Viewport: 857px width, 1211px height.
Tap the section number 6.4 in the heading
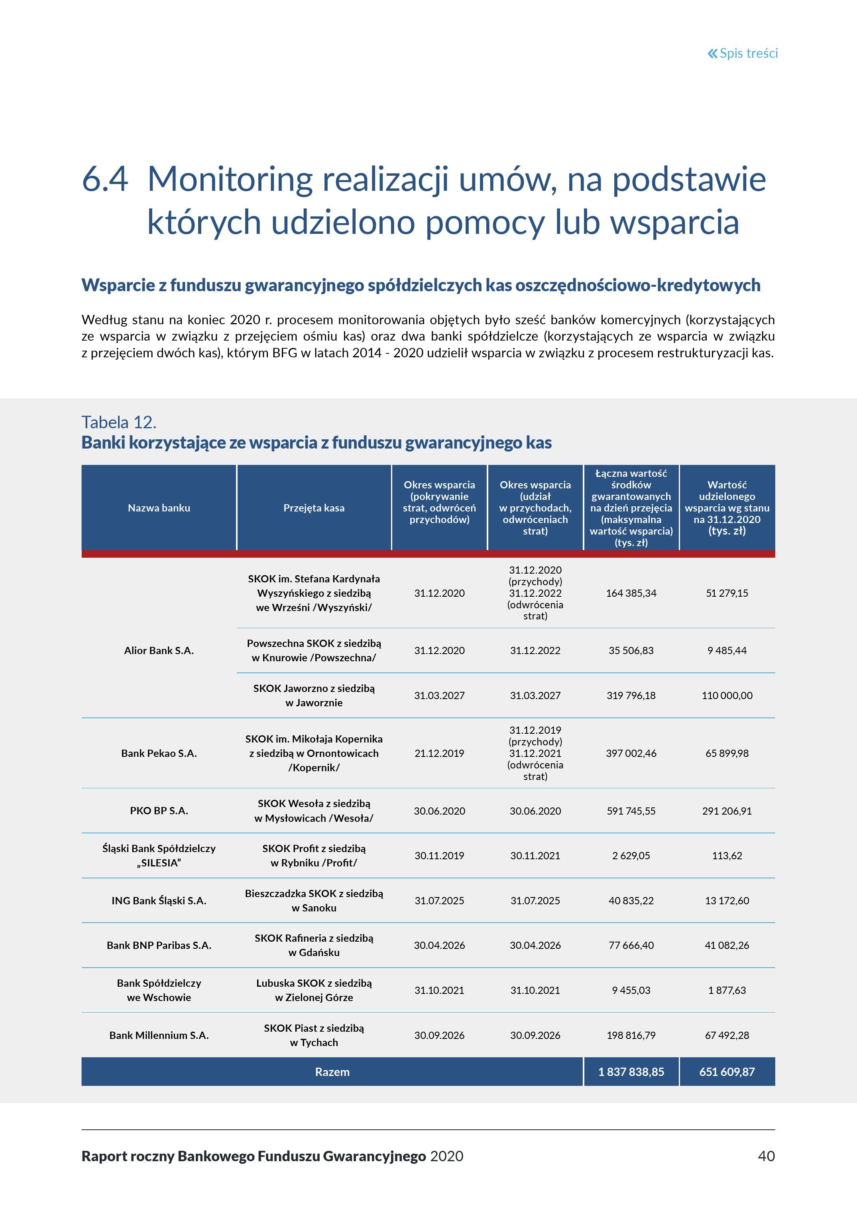105,179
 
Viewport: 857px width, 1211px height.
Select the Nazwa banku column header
159,508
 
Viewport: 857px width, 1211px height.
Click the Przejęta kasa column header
314,508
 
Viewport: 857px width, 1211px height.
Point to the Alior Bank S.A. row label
159,651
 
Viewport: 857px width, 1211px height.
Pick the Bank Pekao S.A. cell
159,753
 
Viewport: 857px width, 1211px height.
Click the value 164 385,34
631,593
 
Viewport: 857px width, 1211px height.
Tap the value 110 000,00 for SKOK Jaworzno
727,695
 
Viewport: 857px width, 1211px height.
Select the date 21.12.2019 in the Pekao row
439,753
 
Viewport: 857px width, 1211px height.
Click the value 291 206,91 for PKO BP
727,811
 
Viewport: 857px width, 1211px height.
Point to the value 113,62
727,856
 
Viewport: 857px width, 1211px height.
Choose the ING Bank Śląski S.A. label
159,900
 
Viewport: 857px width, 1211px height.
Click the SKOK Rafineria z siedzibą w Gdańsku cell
314,945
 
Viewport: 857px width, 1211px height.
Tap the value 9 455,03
631,990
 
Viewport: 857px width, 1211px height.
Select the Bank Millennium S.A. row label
159,1035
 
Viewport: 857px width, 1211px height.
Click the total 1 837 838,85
631,1072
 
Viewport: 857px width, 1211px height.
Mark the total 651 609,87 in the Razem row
727,1072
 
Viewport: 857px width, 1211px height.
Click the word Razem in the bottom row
332,1072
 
